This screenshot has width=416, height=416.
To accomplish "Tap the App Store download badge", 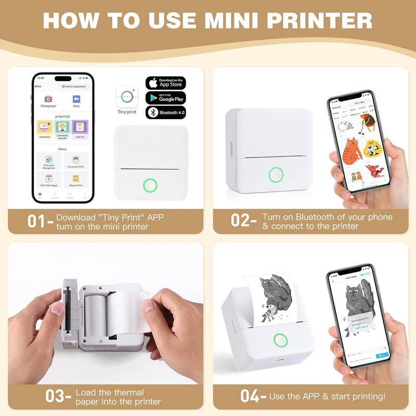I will pyautogui.click(x=165, y=83).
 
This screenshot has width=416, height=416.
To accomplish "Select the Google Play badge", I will pyautogui.click(x=165, y=97).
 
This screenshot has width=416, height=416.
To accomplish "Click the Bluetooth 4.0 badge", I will pyautogui.click(x=165, y=112).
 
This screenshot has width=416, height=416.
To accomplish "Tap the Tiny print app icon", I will pyautogui.click(x=126, y=97).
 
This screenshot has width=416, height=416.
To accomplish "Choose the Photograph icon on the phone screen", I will pyautogui.click(x=48, y=100).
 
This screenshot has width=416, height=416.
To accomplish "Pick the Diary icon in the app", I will pyautogui.click(x=76, y=100).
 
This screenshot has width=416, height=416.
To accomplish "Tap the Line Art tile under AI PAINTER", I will pyautogui.click(x=80, y=128).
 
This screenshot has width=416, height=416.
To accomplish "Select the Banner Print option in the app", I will pyautogui.click(x=76, y=180).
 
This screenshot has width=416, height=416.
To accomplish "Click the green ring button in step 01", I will pyautogui.click(x=151, y=185).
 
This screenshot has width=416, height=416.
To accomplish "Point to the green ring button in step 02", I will pyautogui.click(x=275, y=174).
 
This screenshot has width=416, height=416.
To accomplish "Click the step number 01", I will pyautogui.click(x=38, y=221).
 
